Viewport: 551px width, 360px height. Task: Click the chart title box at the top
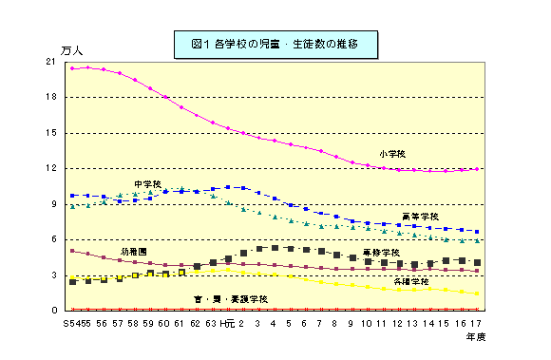coord(276,42)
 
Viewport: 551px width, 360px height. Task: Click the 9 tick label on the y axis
coord(53,204)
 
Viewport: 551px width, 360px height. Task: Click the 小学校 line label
coord(392,153)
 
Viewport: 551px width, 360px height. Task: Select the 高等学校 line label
coord(420,217)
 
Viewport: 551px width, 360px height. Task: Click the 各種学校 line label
coord(412,281)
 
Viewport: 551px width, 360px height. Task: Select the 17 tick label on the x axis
coord(476,323)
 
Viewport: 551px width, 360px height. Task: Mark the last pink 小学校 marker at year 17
coord(476,169)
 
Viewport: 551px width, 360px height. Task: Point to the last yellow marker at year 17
coord(476,294)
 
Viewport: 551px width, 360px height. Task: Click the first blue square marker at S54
coord(72,196)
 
